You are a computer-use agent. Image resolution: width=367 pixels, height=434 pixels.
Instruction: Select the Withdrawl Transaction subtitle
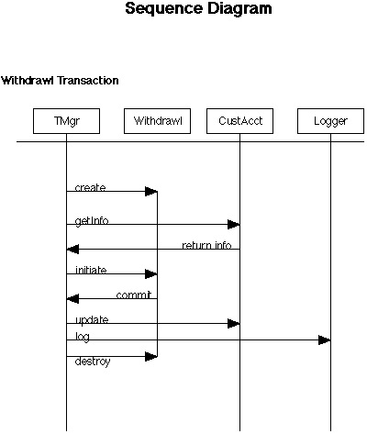coord(60,81)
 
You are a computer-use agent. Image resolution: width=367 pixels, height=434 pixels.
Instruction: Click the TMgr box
coord(65,120)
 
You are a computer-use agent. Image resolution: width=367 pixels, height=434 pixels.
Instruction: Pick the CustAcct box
coord(240,120)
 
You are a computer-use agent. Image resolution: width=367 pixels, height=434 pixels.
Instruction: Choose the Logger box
coord(330,120)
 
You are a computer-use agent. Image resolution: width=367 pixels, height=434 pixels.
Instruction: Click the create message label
coord(90,188)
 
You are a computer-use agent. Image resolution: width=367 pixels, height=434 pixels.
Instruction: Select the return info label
coord(206,245)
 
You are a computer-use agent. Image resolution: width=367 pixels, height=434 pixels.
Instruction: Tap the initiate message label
coord(92,271)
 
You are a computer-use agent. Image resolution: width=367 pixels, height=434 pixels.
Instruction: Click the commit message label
coord(133,295)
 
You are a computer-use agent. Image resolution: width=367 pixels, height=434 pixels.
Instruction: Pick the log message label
coord(83,337)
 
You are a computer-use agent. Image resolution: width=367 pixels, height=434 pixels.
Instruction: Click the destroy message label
coord(93,362)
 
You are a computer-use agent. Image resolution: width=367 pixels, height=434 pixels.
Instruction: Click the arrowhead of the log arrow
coord(325,340)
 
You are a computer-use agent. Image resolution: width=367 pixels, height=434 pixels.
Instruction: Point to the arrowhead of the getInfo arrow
coord(234,224)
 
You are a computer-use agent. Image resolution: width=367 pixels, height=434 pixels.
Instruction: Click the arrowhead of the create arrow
coord(152,191)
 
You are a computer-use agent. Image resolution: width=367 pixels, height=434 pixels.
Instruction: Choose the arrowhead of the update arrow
coord(234,323)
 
